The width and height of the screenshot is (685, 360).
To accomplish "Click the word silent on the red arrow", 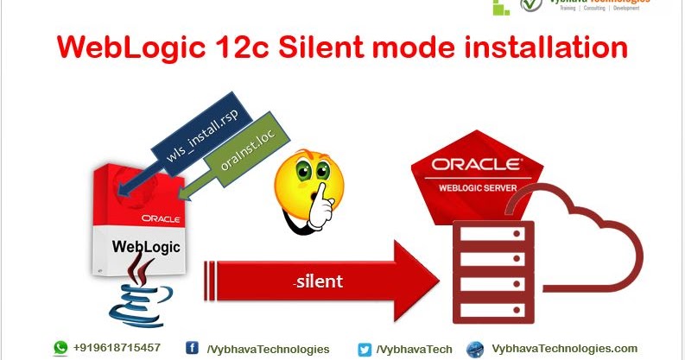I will (x=317, y=281).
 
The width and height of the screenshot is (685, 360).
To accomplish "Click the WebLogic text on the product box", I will (x=145, y=246).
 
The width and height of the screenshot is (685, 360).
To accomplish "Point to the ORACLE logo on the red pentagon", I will (x=477, y=164).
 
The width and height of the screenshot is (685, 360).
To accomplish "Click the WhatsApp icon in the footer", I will (x=60, y=348).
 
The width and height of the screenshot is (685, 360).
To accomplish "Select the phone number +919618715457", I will (x=118, y=348).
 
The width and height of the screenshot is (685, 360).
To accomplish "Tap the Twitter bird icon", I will (x=365, y=349).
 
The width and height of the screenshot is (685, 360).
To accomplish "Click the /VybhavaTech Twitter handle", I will (x=415, y=349).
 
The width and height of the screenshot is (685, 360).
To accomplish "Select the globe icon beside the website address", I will (x=475, y=349).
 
